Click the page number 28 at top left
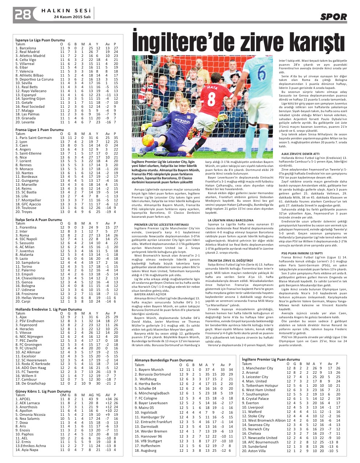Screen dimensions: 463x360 (x=22, y=15)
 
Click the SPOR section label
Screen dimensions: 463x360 (x=333, y=17)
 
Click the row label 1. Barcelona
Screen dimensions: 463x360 (x=26, y=48)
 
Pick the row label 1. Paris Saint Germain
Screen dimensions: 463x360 (x=33, y=138)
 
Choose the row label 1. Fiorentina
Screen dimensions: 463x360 (x=26, y=228)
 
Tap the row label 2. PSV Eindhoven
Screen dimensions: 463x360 (x=30, y=321)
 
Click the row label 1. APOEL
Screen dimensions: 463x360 (x=24, y=399)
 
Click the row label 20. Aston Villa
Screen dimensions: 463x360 (x=254, y=451)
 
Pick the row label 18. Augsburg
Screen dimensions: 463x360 (x=146, y=450)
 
